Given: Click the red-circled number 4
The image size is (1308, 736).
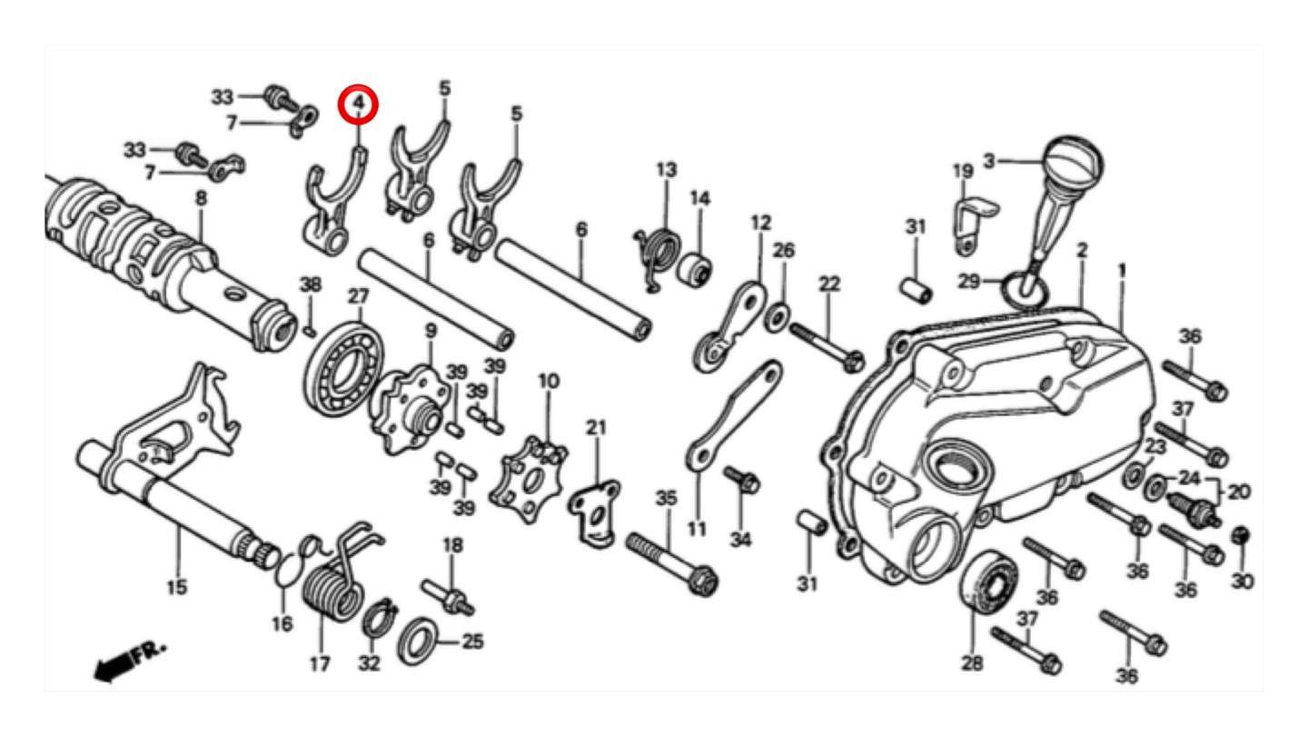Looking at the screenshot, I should [x=358, y=104].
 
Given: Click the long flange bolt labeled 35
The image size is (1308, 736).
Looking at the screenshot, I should [x=672, y=561].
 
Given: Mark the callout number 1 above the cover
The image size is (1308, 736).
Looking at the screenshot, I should [x=1122, y=270].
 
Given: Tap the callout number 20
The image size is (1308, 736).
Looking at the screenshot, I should [x=1238, y=492].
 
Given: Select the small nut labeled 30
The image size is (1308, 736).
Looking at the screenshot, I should [x=1242, y=536].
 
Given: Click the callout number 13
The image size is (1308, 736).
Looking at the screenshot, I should [x=666, y=170].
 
